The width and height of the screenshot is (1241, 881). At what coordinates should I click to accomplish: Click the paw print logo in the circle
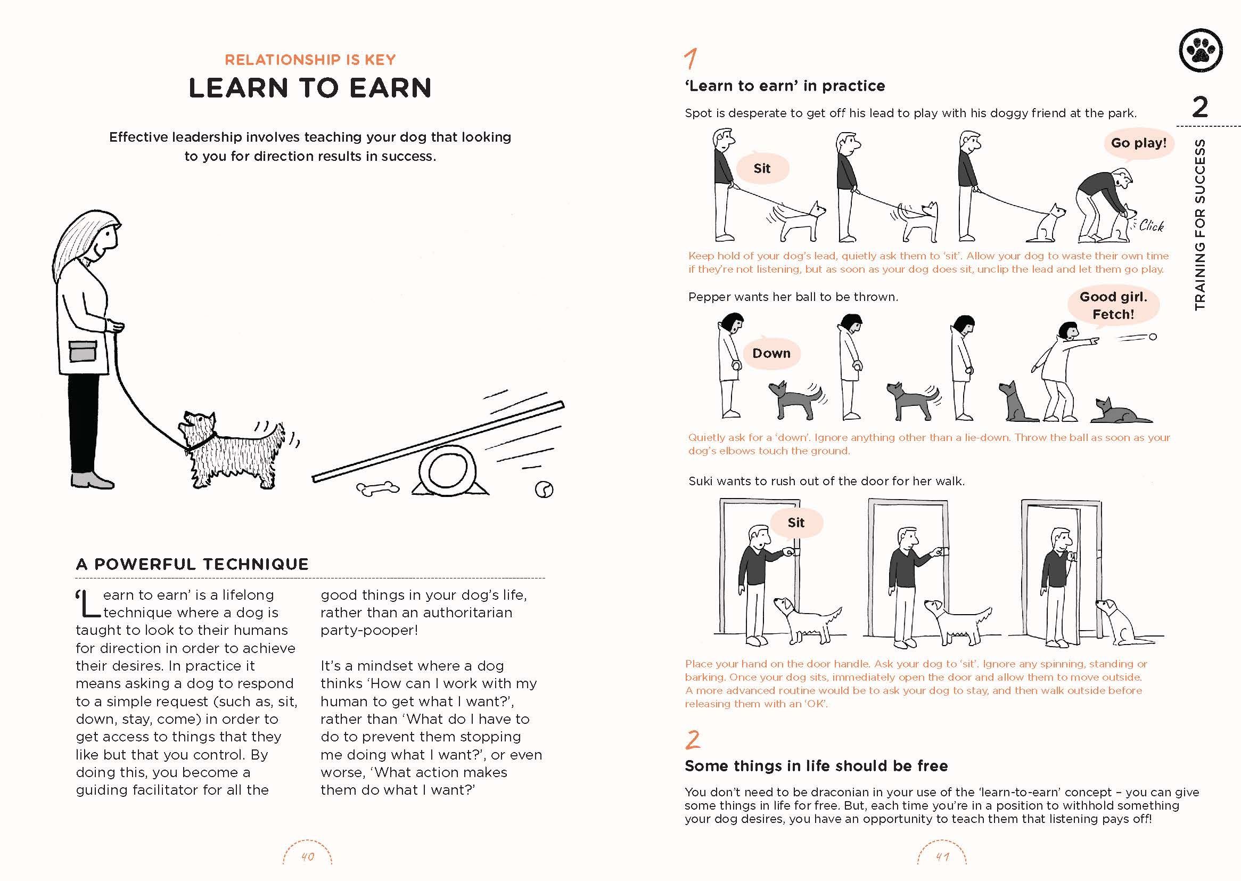(x=1201, y=51)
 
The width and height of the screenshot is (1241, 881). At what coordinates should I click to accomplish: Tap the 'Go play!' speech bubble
(x=1138, y=144)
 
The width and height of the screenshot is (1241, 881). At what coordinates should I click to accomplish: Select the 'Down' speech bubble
(x=771, y=354)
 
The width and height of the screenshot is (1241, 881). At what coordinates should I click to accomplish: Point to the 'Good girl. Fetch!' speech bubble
(x=1113, y=305)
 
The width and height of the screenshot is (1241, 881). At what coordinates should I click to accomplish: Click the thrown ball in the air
(x=1153, y=337)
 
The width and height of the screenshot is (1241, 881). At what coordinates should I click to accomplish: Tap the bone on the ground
(x=377, y=488)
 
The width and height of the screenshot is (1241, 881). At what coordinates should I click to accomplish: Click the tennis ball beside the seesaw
(x=544, y=490)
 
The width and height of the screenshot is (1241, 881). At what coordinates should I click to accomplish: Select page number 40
(x=307, y=856)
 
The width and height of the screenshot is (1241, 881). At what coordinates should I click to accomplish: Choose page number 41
(x=942, y=856)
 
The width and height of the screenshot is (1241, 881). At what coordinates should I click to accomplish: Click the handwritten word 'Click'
(x=1151, y=225)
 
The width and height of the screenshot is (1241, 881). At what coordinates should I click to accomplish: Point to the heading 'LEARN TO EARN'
(x=310, y=88)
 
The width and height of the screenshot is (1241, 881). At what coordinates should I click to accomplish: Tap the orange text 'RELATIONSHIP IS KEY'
(x=310, y=59)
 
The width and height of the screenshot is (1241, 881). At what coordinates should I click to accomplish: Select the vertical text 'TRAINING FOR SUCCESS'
(x=1200, y=225)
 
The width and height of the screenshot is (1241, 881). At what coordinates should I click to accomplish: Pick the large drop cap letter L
(x=90, y=605)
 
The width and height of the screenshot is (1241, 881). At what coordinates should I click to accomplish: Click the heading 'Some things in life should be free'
(x=816, y=765)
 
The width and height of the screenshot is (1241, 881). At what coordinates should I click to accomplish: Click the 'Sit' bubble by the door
(x=796, y=523)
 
